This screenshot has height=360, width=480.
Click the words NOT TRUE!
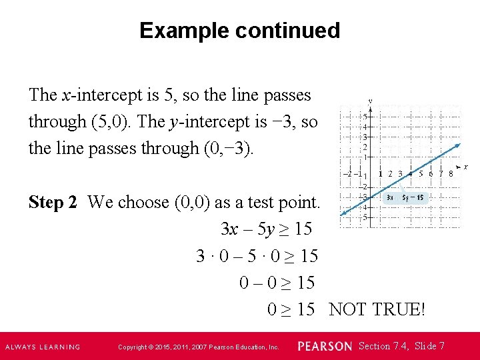pyautogui.click(x=377, y=309)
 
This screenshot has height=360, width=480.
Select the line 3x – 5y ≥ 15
pyautogui.click(x=266, y=229)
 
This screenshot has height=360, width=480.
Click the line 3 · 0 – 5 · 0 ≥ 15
pyautogui.click(x=257, y=255)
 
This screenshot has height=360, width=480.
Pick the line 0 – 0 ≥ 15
pyautogui.click(x=277, y=283)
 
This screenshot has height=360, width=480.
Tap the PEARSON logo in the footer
pyautogui.click(x=324, y=347)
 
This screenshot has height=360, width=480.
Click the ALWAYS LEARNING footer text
pyautogui.click(x=43, y=347)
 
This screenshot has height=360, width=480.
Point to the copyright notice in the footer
pyautogui.click(x=198, y=347)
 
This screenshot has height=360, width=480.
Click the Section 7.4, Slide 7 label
pyautogui.click(x=401, y=346)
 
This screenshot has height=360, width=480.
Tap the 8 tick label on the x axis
pyautogui.click(x=451, y=174)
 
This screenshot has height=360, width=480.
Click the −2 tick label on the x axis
pyautogui.click(x=349, y=174)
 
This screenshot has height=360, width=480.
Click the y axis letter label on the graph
pyautogui.click(x=370, y=102)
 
